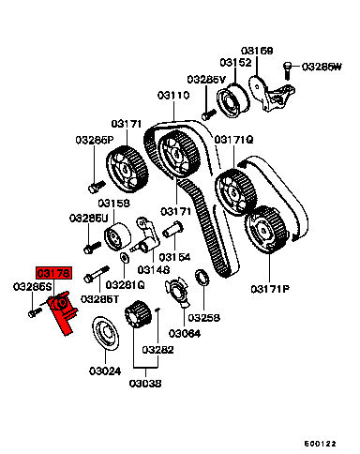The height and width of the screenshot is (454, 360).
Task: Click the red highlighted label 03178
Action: point(54,273)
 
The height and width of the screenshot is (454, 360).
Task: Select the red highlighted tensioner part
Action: point(63,311)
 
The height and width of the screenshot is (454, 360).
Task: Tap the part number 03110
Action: point(173,95)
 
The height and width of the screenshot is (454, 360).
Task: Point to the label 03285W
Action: point(322,67)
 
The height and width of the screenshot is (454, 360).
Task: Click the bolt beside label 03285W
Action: point(288,70)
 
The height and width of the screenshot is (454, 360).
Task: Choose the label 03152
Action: point(235,63)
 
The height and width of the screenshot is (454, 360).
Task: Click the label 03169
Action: point(257,51)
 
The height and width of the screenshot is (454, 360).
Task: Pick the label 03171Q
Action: point(233,140)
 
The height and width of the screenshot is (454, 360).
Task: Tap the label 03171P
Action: point(270,289)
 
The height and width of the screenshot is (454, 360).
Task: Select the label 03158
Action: point(113,204)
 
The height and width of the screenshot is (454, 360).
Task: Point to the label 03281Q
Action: point(125,285)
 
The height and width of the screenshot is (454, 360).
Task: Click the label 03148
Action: point(154,269)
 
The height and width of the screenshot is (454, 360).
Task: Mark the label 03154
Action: point(174,257)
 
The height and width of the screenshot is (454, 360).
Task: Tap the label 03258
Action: point(203,318)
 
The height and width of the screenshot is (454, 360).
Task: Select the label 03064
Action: point(185,334)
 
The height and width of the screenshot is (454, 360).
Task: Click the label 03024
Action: point(105,371)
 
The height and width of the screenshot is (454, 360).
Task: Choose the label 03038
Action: point(145,384)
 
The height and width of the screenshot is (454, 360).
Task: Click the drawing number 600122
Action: point(320,444)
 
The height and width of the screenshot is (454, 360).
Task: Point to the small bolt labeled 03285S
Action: point(35,312)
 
